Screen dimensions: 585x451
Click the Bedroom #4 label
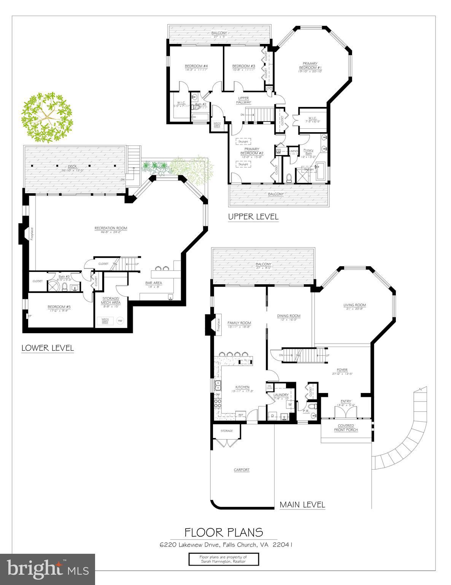(x=196, y=66)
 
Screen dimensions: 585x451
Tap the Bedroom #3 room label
(x=243, y=66)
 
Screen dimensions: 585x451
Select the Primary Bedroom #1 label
(x=310, y=66)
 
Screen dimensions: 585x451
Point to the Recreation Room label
(x=111, y=228)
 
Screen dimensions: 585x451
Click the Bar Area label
(x=154, y=283)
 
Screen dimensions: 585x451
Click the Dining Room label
(x=289, y=316)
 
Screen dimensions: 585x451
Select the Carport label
(x=241, y=470)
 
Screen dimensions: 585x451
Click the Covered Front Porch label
(x=346, y=428)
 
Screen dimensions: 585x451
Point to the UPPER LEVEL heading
(x=253, y=217)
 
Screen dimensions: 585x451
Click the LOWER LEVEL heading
(x=48, y=348)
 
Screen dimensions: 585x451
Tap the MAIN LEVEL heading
(x=302, y=505)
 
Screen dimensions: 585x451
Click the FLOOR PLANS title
(x=224, y=532)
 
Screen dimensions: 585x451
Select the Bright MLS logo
(x=48, y=569)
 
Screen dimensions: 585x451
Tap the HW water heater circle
(x=121, y=320)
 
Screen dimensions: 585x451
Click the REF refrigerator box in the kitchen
(x=240, y=415)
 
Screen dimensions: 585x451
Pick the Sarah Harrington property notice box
(x=224, y=559)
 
